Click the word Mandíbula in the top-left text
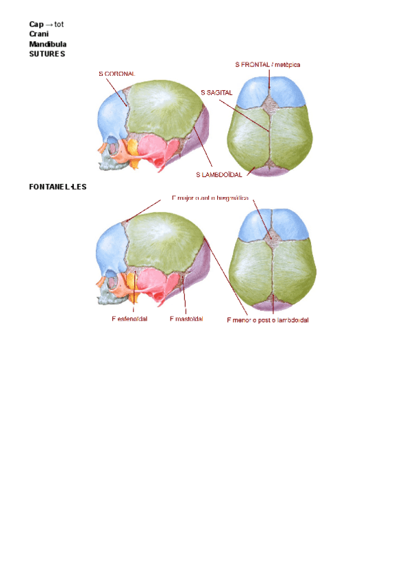[47, 44]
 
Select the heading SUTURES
[47, 53]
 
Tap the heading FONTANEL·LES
[58, 186]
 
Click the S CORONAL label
[116, 73]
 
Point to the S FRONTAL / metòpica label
[267, 65]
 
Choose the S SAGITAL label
[217, 92]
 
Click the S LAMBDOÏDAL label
[219, 175]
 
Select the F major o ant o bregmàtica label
[210, 198]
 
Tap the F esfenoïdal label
[130, 318]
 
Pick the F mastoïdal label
[186, 318]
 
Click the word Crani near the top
[38, 34]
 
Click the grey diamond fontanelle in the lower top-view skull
[273, 237]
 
